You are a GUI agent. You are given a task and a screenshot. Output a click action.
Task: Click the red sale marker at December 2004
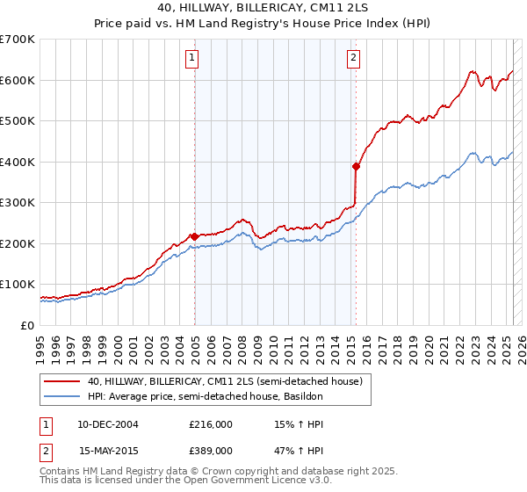click(x=194, y=236)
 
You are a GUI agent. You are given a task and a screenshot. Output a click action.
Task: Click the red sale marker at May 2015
click(x=356, y=165)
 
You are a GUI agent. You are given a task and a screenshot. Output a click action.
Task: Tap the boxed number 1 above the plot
click(x=191, y=59)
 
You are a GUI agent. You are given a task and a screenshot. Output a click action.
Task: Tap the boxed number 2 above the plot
click(x=353, y=59)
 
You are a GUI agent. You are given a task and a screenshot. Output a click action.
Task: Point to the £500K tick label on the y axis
click(x=17, y=121)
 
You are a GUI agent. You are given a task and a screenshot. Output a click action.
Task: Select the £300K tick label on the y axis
click(x=17, y=203)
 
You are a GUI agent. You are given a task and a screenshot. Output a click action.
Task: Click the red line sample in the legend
click(x=62, y=381)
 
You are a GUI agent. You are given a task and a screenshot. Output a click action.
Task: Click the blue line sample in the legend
click(x=62, y=397)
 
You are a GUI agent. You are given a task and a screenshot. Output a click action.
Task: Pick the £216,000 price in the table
click(x=211, y=424)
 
